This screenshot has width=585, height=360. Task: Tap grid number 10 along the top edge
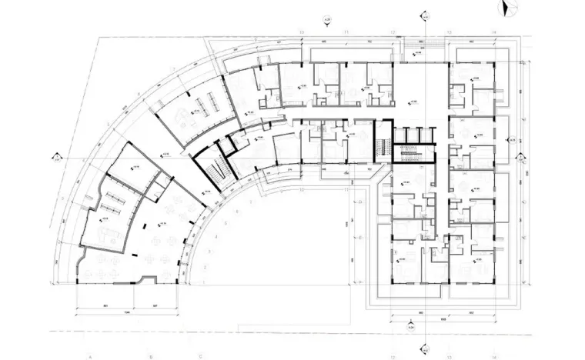pos(302,32)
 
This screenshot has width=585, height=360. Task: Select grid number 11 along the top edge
pos(347,32)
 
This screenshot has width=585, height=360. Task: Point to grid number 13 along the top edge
pos(447,32)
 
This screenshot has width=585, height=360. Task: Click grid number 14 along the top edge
pos(493,32)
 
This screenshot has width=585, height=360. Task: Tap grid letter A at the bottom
pos(90,355)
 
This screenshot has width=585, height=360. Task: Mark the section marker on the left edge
pos(56,159)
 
